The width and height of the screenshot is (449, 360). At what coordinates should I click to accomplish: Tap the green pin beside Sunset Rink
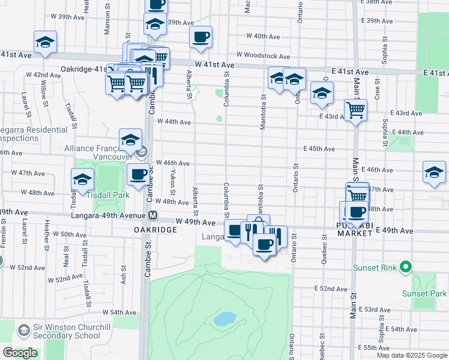tap(406, 267)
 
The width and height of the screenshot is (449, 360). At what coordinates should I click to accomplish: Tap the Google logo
tap(20, 353)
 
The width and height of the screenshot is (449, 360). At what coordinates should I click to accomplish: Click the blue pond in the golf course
tap(224, 319)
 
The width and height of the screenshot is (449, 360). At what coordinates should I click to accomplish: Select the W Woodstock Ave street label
tap(263, 56)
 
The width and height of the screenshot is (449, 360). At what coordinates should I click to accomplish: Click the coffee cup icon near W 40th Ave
tap(200, 37)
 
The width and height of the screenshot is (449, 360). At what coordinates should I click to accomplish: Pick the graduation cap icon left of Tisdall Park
tap(82, 179)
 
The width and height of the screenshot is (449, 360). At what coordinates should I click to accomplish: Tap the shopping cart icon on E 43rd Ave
tap(355, 110)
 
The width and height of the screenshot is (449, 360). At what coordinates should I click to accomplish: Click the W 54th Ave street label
tap(119, 313)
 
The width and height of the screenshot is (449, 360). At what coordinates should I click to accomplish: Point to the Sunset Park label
tap(424, 293)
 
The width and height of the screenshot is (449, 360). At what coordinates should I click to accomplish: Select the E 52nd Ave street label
tap(332, 289)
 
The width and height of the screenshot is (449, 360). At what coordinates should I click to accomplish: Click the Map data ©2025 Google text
tap(411, 355)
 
